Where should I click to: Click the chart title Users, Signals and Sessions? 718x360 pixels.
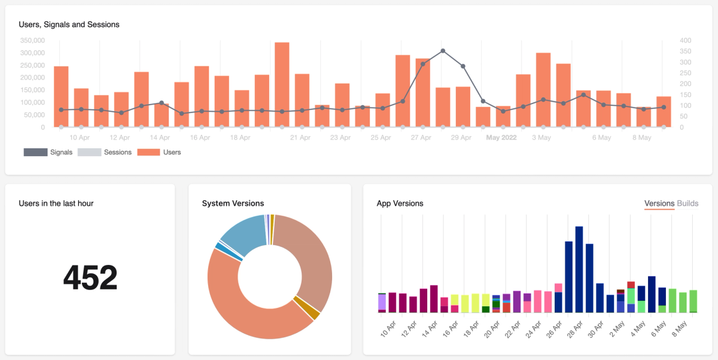69,25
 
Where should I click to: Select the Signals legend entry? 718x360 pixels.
48,152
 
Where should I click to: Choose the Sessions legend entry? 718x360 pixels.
104,152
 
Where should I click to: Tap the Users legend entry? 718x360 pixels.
159,152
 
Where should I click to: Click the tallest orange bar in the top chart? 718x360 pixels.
282,84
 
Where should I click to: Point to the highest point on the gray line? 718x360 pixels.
443,51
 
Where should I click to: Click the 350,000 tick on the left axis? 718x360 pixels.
32,41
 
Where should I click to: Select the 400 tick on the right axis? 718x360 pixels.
685,41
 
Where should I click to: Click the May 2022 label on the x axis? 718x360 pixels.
501,138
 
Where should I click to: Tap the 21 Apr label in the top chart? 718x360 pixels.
300,138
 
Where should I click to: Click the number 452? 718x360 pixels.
90,277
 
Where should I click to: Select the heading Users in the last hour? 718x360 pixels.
56,203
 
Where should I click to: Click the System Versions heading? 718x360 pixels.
233,203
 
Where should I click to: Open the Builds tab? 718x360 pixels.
687,203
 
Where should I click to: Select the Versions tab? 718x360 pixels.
659,203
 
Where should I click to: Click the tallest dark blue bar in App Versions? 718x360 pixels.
579,269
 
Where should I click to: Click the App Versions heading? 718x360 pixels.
400,203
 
